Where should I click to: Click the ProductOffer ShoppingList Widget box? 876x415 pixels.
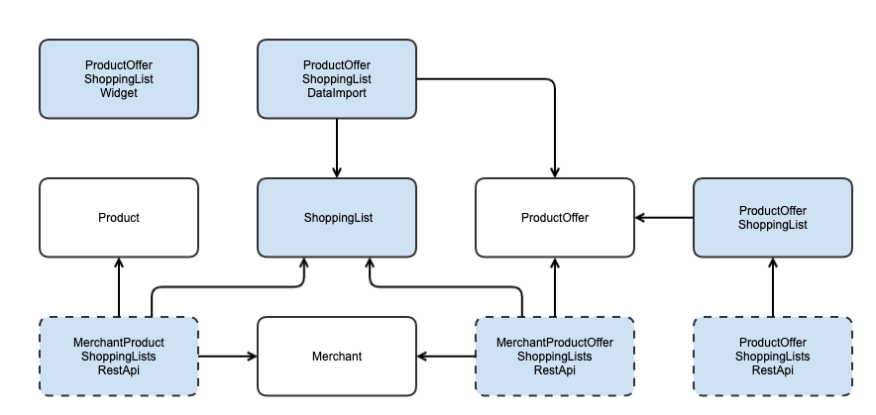pyautogui.click(x=118, y=79)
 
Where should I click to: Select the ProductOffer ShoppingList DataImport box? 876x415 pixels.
pyautogui.click(x=336, y=79)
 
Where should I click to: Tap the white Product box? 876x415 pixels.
pyautogui.click(x=118, y=218)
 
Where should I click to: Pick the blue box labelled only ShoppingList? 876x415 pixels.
pyautogui.click(x=336, y=218)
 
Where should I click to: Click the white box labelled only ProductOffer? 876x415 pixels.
pyautogui.click(x=554, y=218)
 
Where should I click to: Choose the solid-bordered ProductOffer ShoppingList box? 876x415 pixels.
pyautogui.click(x=772, y=218)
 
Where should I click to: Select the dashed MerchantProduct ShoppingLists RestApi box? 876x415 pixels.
pyautogui.click(x=118, y=357)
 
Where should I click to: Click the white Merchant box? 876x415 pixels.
pyautogui.click(x=336, y=357)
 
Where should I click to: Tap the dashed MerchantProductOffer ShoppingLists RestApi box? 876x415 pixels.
pyautogui.click(x=554, y=357)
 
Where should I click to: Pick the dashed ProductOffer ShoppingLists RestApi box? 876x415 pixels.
pyautogui.click(x=772, y=357)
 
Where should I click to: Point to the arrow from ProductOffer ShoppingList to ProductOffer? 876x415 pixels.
pyautogui.click(x=664, y=218)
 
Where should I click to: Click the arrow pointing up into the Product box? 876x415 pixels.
pyautogui.click(x=118, y=287)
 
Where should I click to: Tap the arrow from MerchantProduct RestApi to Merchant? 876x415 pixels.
pyautogui.click(x=228, y=357)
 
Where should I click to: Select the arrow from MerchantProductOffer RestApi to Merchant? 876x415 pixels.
pyautogui.click(x=446, y=357)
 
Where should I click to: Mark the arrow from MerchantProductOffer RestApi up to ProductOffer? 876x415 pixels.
pyautogui.click(x=554, y=287)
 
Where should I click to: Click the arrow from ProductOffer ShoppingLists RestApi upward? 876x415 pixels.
pyautogui.click(x=772, y=287)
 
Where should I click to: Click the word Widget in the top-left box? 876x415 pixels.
pyautogui.click(x=118, y=93)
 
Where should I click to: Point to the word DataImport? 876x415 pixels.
pyautogui.click(x=336, y=93)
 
